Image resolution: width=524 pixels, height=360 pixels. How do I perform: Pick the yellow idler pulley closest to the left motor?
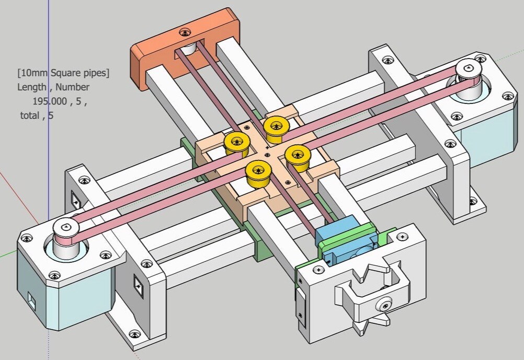point(237,144)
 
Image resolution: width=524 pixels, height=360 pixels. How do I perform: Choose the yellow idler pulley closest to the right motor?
point(298,156)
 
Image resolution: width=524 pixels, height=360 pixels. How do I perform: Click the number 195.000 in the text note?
point(50,101)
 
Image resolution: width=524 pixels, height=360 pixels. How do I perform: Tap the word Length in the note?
point(32,87)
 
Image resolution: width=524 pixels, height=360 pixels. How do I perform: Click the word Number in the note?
point(72,87)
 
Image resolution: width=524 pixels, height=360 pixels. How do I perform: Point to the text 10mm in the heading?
point(34,73)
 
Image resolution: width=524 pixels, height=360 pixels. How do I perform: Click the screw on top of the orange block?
point(185,32)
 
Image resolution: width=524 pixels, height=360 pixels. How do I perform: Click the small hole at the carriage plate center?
point(267,154)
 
